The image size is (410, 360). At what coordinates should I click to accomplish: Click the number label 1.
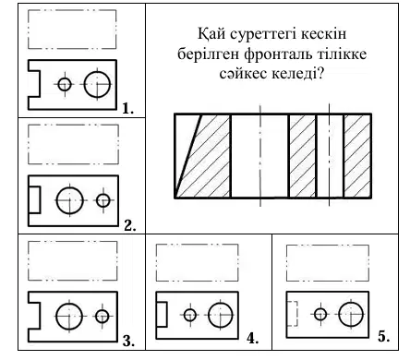click(127, 108)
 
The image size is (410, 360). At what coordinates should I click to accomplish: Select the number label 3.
click(128, 342)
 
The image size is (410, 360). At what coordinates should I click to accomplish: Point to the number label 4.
click(252, 339)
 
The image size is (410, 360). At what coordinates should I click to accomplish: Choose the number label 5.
click(384, 337)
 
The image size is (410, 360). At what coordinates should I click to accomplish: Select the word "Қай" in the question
click(211, 34)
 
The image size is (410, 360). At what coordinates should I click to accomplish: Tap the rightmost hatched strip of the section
click(357, 156)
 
